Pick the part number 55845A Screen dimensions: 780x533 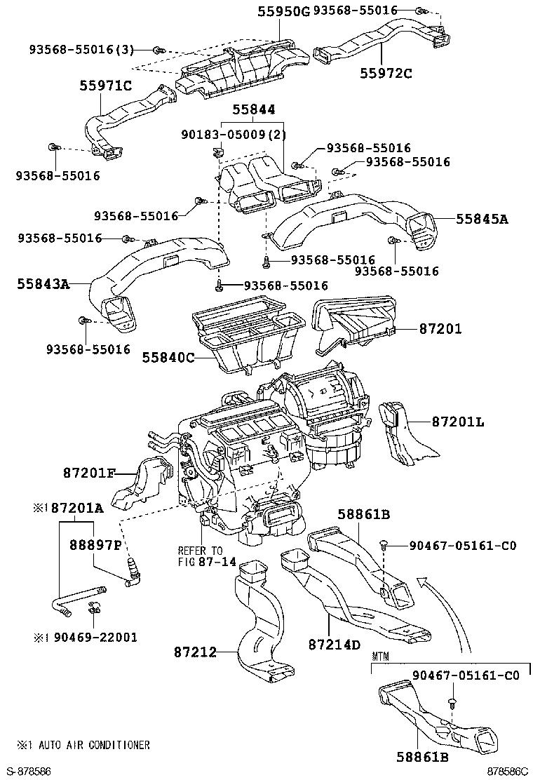481,219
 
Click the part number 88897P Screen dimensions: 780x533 95,545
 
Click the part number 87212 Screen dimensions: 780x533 195,652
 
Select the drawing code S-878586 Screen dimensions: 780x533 31,771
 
